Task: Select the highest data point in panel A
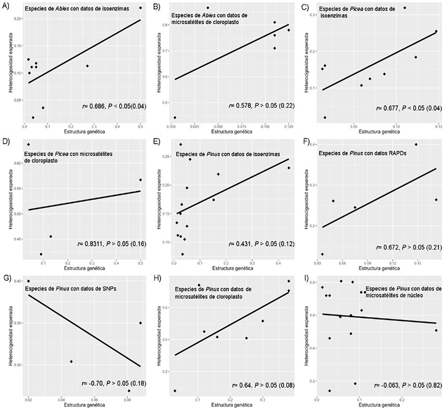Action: coord(140,8)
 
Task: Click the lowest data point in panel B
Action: coord(175,118)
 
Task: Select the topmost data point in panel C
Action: coord(405,8)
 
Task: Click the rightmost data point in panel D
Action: coord(140,180)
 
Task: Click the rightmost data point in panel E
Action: coord(289,168)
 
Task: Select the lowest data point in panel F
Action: coord(322,254)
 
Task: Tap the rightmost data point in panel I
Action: coord(436,330)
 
